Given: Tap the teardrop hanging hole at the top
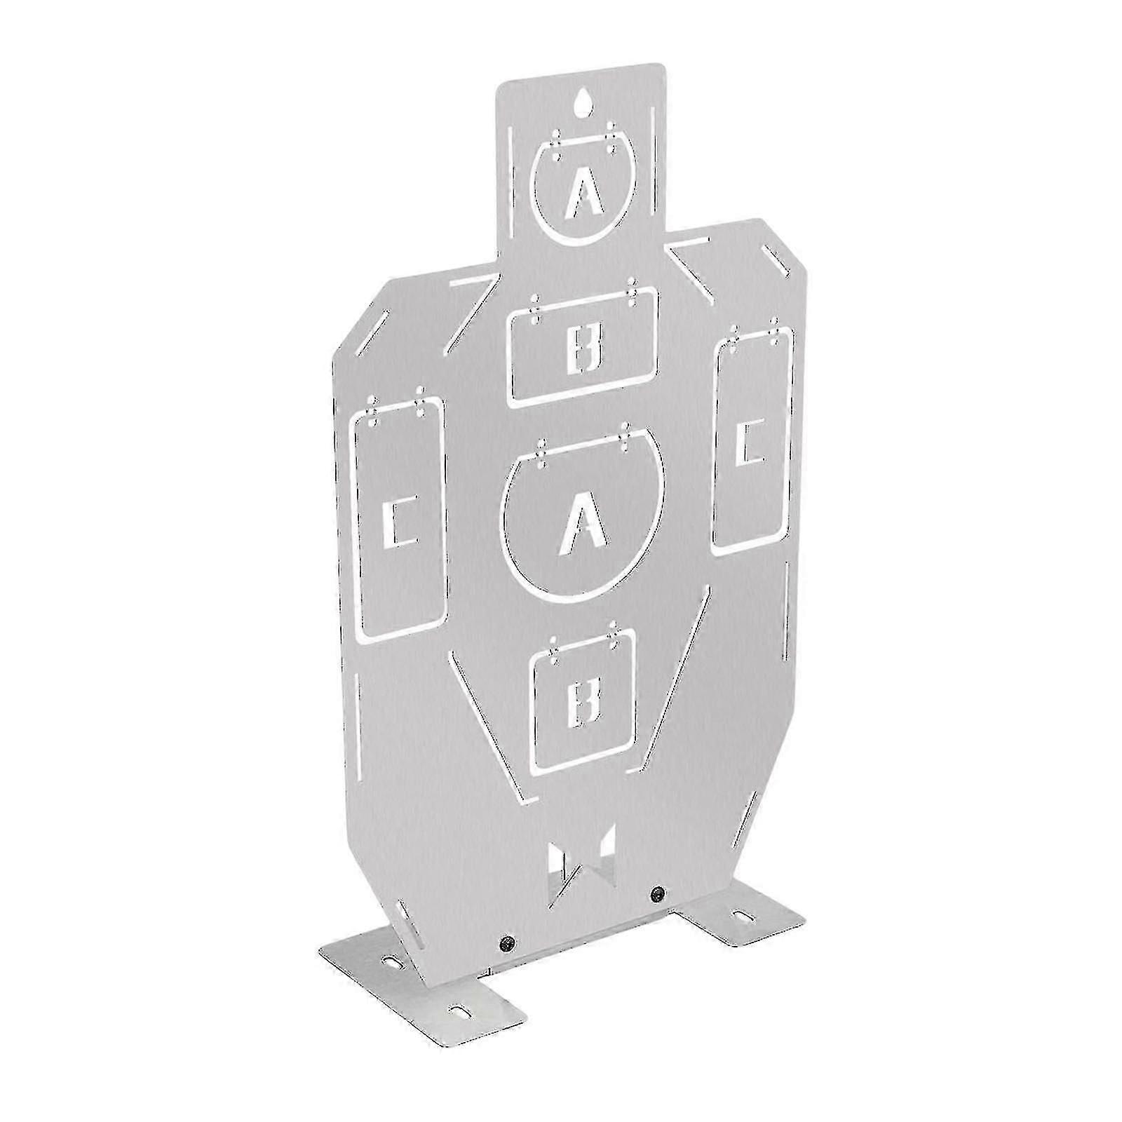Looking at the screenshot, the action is click(583, 103).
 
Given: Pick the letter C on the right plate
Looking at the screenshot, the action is click(749, 440).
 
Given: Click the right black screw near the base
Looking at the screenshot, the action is click(657, 893).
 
